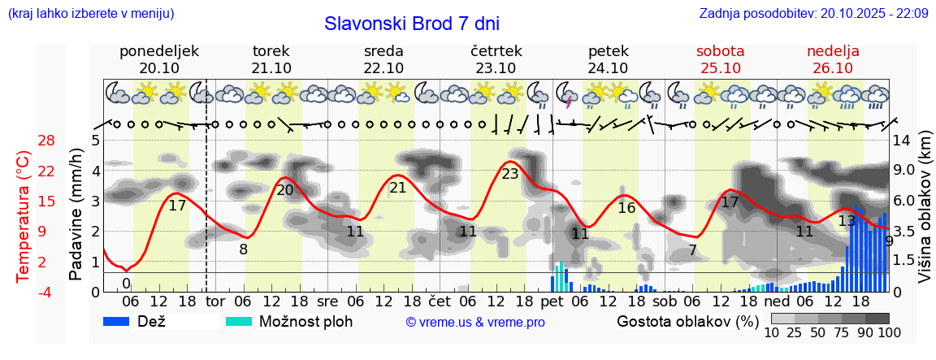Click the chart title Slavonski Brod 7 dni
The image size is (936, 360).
412,24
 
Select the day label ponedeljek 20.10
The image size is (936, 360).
159,59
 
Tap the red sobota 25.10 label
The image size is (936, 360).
721,59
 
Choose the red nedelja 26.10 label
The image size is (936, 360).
833,59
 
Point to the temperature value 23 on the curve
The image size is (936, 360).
510,173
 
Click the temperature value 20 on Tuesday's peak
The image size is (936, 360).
285,190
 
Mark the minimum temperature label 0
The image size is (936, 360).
126,283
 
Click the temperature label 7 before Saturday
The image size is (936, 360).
692,249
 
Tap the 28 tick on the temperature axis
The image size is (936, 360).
46,141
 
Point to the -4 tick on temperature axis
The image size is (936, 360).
46,292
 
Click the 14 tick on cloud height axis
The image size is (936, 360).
903,141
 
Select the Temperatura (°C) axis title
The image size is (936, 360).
24,216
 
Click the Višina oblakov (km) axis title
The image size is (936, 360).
925,215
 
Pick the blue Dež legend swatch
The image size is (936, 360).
122,321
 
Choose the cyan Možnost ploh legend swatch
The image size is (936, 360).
241,321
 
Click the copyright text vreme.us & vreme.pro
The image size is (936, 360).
475,322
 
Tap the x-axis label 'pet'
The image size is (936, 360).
552,302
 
